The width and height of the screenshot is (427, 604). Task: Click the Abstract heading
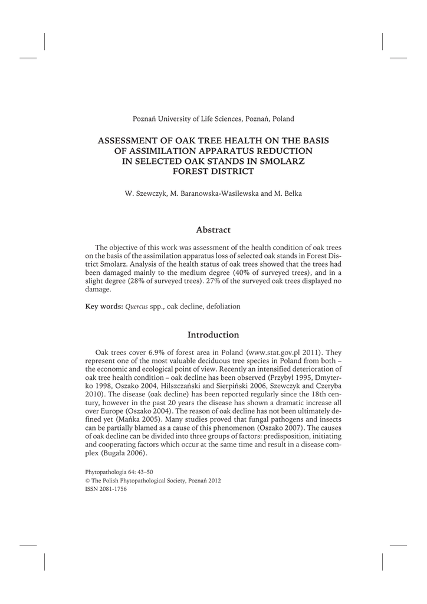(x=213, y=229)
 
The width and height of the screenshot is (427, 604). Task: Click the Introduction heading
(x=213, y=334)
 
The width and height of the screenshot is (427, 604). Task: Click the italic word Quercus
(x=136, y=307)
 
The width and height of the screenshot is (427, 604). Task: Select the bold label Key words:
(x=104, y=307)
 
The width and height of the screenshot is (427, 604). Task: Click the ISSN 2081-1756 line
(x=106, y=489)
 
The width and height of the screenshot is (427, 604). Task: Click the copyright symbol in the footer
(x=88, y=481)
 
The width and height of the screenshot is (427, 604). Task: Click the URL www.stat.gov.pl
(x=277, y=352)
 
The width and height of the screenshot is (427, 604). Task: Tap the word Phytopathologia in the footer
(x=107, y=472)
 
